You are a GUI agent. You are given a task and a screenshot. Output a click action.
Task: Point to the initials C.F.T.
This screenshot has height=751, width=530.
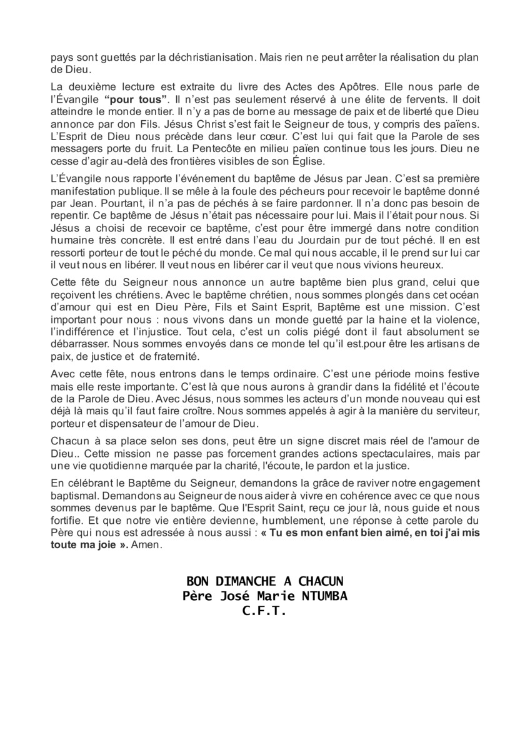pyautogui.click(x=264, y=611)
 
